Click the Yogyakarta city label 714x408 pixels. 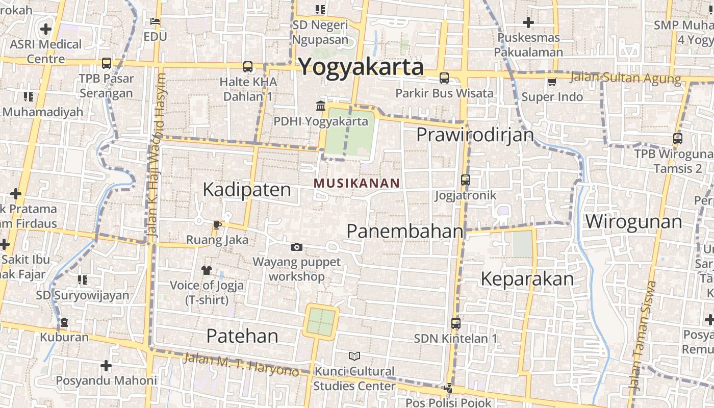click(361, 67)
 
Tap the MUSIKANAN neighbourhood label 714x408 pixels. click(356, 183)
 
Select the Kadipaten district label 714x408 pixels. click(247, 190)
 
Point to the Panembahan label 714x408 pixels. click(405, 231)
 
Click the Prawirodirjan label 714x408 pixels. click(475, 135)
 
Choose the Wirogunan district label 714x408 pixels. click(633, 222)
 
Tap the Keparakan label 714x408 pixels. click(527, 279)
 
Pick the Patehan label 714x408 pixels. click(242, 336)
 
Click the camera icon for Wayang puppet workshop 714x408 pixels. click(296, 247)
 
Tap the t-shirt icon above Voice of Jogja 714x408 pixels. click(207, 270)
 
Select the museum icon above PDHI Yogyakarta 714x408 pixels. click(321, 106)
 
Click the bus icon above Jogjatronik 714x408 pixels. click(465, 180)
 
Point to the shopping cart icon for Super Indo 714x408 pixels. click(552, 82)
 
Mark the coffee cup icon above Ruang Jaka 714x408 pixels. click(217, 225)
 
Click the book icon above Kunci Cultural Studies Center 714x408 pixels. click(354, 356)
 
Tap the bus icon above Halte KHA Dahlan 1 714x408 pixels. click(248, 66)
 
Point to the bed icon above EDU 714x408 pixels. click(155, 21)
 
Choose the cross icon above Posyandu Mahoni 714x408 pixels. click(106, 366)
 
